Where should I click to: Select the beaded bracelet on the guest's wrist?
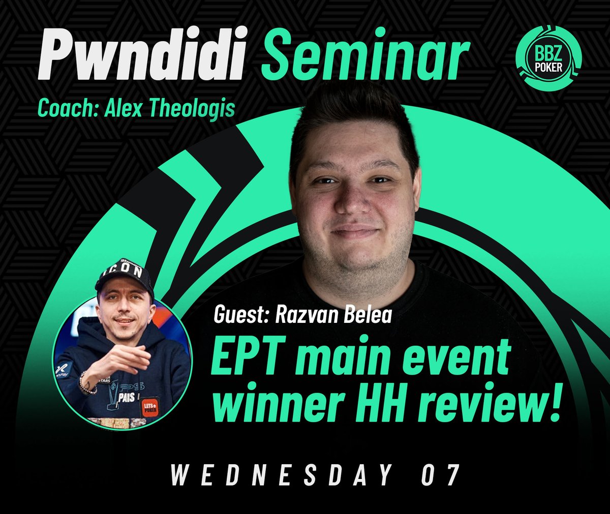[x=86, y=382]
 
